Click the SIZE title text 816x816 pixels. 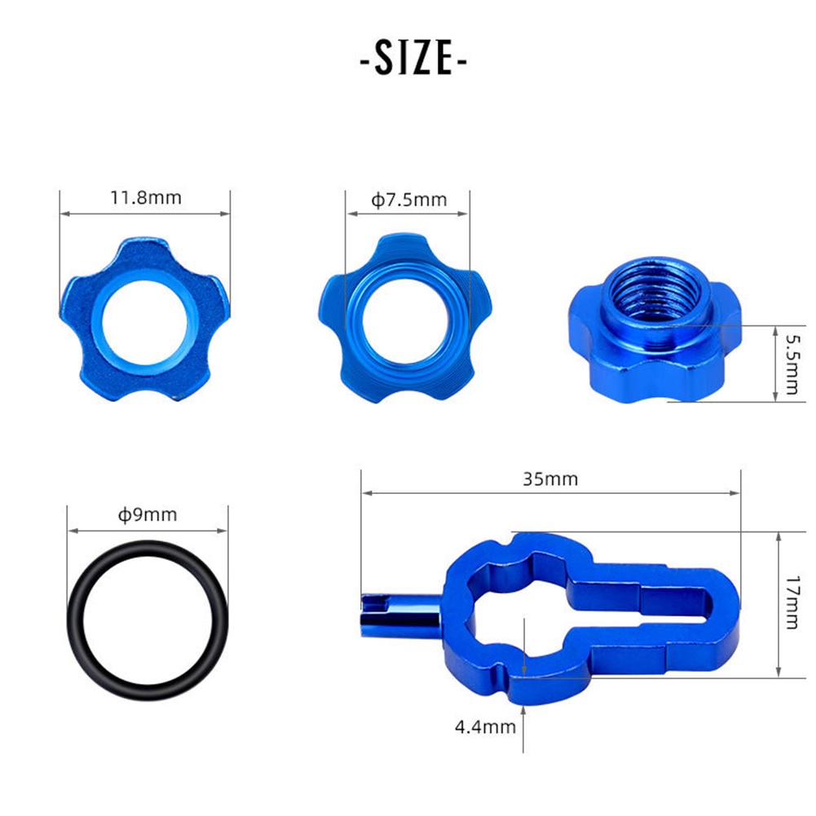point(413,59)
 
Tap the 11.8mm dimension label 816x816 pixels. point(146,198)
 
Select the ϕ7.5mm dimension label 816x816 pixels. point(409,200)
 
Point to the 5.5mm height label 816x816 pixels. point(792,364)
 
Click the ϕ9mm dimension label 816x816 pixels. point(148,514)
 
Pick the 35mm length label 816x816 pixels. point(550,479)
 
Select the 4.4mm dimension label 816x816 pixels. point(485,726)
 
